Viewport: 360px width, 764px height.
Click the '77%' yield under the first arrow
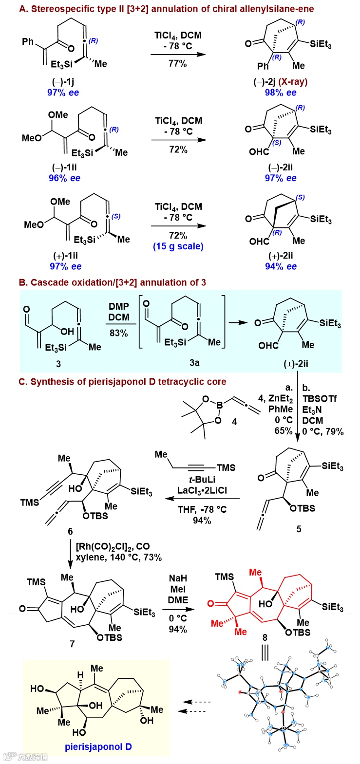[178, 63]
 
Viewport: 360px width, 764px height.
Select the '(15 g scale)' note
[178, 246]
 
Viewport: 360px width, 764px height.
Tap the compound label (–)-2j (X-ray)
[281, 82]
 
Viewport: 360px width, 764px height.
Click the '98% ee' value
[281, 93]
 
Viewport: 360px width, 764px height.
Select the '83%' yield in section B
[118, 333]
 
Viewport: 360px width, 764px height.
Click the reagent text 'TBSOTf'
[320, 399]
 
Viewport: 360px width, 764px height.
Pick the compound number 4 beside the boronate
[234, 422]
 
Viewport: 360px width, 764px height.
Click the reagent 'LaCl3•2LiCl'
[202, 490]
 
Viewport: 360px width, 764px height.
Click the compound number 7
[72, 644]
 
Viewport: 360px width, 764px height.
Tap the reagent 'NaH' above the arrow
[178, 578]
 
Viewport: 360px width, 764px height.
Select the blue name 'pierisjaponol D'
[98, 746]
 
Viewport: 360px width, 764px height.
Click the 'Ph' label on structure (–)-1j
[28, 41]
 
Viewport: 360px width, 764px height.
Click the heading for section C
[122, 382]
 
